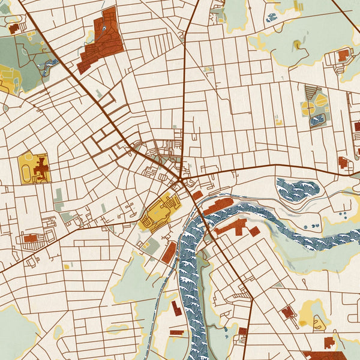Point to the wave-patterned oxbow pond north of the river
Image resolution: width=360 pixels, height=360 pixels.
298,189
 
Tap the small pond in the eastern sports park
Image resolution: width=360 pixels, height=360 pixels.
317,120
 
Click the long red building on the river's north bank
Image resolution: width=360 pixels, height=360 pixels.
219,205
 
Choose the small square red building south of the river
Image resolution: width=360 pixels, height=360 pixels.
254,231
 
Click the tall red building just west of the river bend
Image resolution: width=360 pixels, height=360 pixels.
169,253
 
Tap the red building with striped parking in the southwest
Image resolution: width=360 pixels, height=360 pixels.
31,239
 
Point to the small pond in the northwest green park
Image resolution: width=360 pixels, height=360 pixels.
53,62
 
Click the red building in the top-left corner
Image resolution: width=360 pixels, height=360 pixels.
13,28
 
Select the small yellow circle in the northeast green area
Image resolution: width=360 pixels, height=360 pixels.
297,44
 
